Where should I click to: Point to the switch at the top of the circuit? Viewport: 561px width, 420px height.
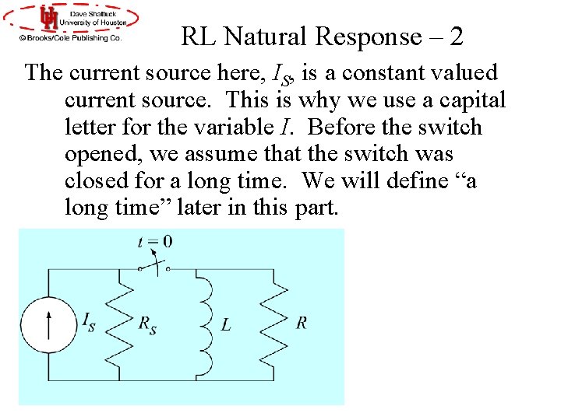(153, 267)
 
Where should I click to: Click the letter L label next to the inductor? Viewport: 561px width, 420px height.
(225, 325)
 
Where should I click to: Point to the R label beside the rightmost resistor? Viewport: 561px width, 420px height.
(301, 323)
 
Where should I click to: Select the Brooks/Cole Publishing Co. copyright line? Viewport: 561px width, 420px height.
(72, 37)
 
